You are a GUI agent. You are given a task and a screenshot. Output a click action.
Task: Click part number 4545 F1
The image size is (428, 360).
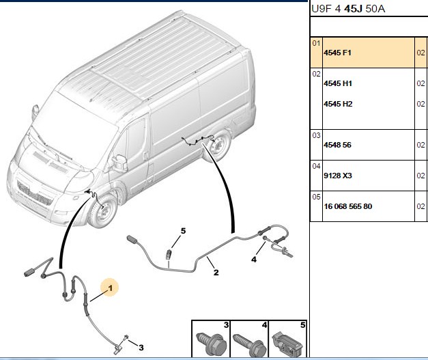pyautogui.click(x=337, y=53)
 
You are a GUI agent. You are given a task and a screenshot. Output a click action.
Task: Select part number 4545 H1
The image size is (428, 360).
pyautogui.click(x=338, y=83)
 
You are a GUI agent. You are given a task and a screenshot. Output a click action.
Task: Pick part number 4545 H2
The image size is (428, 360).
pyautogui.click(x=338, y=104)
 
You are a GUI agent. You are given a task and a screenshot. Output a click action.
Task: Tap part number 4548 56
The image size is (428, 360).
pyautogui.click(x=337, y=145)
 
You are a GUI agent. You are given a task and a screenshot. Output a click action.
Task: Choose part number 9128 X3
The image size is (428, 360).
pyautogui.click(x=338, y=176)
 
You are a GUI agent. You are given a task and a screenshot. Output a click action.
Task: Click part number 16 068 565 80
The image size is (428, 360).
pyautogui.click(x=347, y=206)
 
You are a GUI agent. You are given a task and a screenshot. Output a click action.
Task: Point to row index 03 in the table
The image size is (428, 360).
pyautogui.click(x=316, y=135)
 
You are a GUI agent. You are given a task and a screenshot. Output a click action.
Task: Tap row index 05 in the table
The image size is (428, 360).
pyautogui.click(x=316, y=197)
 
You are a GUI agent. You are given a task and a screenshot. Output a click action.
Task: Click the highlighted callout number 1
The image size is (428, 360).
pyautogui.click(x=110, y=288)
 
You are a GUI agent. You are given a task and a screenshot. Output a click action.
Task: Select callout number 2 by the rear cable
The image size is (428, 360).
pyautogui.click(x=216, y=273)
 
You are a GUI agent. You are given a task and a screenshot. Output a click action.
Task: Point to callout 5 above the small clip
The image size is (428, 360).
pyautogui.click(x=183, y=231)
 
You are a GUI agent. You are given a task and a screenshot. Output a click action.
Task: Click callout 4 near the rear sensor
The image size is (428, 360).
pyautogui.click(x=254, y=259)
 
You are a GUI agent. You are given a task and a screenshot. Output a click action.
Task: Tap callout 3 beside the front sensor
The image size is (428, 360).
pyautogui.click(x=141, y=348)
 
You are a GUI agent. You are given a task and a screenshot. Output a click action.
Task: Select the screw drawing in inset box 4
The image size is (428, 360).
pyautogui.click(x=250, y=344)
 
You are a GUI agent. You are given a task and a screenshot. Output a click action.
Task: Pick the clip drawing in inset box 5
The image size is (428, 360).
pyautogui.click(x=287, y=344)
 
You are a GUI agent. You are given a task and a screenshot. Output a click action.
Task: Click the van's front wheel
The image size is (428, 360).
pyautogui.click(x=103, y=211)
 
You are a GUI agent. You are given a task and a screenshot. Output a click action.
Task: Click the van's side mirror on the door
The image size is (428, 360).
pyautogui.click(x=120, y=163)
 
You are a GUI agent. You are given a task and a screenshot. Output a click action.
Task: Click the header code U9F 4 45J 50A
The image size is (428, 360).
pyautogui.click(x=348, y=9)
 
